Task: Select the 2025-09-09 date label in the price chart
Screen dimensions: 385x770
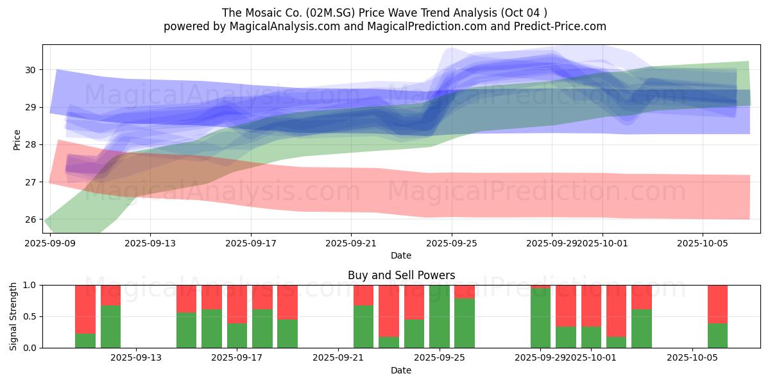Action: tap(50, 244)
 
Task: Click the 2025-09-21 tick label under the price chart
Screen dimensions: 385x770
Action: tap(351, 244)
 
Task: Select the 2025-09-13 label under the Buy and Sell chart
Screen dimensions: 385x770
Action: tap(136, 357)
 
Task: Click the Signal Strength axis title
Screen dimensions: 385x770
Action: tap(13, 316)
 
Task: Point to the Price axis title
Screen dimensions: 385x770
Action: tap(17, 139)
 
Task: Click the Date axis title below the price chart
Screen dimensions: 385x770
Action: tap(401, 256)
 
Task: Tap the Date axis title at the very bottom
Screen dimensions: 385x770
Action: tap(401, 370)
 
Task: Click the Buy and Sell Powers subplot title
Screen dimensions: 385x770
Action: tap(401, 275)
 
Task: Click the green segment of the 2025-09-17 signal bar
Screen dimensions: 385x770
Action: tap(237, 336)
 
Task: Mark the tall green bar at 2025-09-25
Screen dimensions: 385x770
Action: tap(440, 316)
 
